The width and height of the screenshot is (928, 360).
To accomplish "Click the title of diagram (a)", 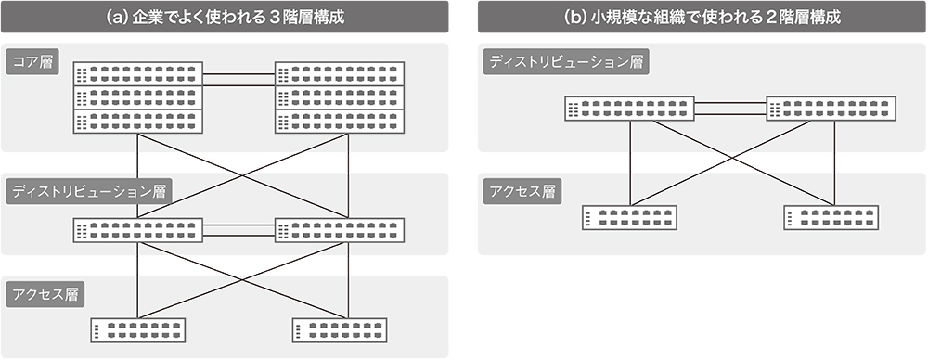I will (x=226, y=18).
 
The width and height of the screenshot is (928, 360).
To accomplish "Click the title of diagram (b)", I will (x=702, y=18).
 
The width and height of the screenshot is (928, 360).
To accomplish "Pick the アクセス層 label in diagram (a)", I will (x=45, y=295).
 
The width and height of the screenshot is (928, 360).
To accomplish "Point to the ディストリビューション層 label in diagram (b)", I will (x=566, y=62).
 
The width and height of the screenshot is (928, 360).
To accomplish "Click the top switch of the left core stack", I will (x=138, y=74).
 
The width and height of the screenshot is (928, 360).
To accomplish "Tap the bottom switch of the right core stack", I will (x=339, y=121).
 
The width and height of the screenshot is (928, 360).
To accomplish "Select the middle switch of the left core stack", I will (x=138, y=97).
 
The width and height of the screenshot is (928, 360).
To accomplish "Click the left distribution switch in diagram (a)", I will (x=138, y=230).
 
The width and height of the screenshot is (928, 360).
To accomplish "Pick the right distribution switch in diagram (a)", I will (x=339, y=230).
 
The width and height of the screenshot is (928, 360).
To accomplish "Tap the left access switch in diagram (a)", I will (x=138, y=329).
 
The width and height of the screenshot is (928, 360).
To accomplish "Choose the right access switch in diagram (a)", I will (x=339, y=329).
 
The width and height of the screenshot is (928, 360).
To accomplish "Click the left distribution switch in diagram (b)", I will (x=631, y=109).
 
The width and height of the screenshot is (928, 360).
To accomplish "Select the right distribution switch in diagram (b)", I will (x=831, y=109).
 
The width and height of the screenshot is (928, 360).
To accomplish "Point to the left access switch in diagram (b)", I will (x=631, y=218).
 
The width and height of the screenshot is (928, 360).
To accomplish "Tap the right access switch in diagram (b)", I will (x=831, y=218).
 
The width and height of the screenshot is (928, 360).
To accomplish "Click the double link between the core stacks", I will (x=238, y=79).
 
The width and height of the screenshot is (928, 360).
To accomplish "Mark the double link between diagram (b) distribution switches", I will (x=731, y=109).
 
